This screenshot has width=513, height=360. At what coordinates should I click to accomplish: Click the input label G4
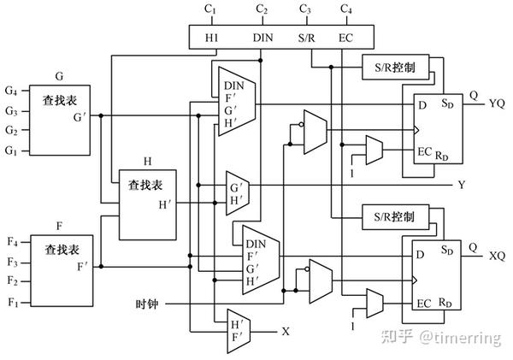(x=10, y=90)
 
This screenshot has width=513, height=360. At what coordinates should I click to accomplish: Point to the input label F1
(x=11, y=302)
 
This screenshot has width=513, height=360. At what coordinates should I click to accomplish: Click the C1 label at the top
(x=211, y=9)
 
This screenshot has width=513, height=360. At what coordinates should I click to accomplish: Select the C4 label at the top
(x=345, y=9)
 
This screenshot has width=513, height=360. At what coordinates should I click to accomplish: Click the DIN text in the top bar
(x=263, y=38)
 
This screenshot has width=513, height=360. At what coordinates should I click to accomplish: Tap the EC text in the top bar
(x=345, y=38)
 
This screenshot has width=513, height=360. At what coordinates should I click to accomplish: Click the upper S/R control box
(x=390, y=66)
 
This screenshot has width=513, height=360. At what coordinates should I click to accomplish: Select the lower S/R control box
(x=390, y=216)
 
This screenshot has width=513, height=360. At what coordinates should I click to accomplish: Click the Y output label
(x=463, y=185)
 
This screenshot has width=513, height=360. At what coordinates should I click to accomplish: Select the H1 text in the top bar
(x=211, y=38)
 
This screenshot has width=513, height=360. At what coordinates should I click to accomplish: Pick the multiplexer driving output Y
(x=236, y=192)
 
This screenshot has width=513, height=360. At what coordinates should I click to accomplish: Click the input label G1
(x=10, y=150)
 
